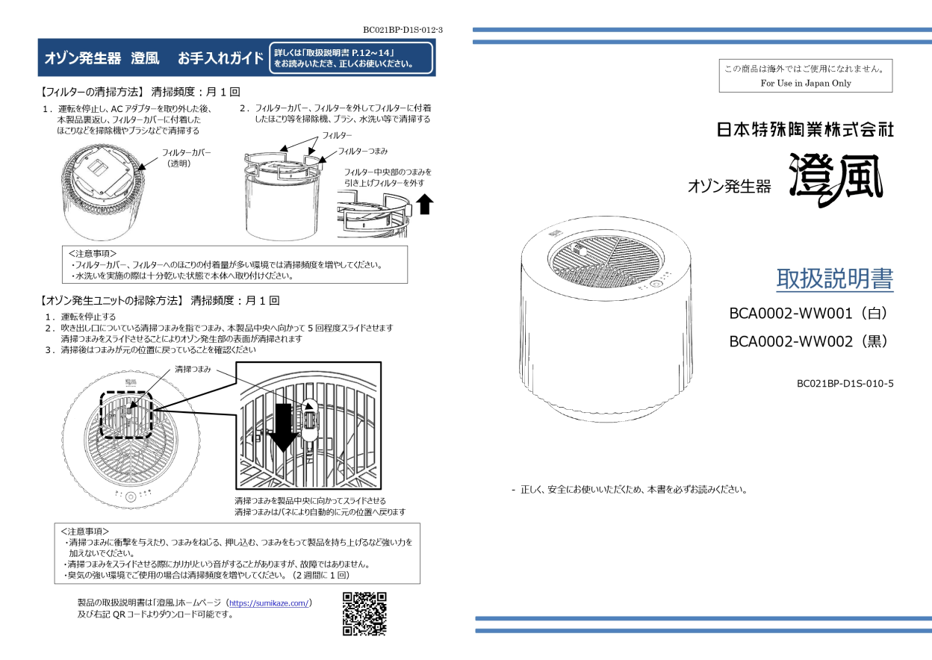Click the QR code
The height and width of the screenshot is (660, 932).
[x=364, y=613]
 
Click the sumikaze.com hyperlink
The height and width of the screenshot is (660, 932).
[x=269, y=603]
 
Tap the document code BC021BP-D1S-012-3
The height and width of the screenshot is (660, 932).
[x=403, y=31]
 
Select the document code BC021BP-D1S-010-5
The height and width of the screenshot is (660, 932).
[x=845, y=384]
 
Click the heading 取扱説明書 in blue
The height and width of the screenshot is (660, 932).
[x=834, y=279]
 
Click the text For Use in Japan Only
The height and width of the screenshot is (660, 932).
[x=806, y=84]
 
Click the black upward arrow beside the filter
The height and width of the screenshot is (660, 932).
[x=425, y=204]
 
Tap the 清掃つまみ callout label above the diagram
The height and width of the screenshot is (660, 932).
[x=193, y=370]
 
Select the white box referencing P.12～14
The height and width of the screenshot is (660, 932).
[x=351, y=58]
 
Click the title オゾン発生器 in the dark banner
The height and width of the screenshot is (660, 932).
[x=77, y=58]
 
